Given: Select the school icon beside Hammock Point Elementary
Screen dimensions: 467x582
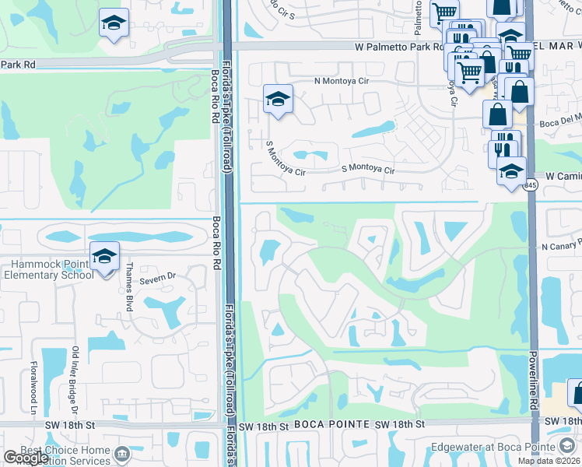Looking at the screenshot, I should (x=104, y=255).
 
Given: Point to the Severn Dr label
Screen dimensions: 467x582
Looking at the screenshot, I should (x=159, y=276).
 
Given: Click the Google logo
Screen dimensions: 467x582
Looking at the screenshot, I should (x=26, y=458).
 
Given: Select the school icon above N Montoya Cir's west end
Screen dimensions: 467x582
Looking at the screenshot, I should (x=278, y=99).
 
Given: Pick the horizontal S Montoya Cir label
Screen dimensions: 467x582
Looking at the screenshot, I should (x=369, y=170).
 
